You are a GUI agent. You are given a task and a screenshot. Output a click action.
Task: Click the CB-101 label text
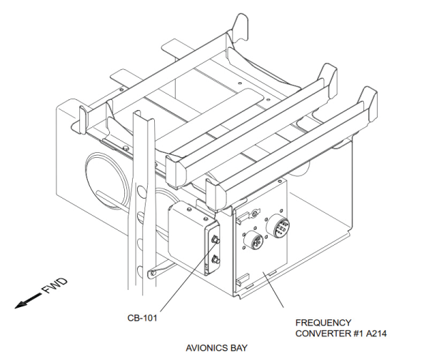pos(142,318)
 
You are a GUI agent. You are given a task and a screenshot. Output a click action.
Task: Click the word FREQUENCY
pos(323,323)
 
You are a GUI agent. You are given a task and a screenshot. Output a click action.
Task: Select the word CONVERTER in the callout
pos(323,334)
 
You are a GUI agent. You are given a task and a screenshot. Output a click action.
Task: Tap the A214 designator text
pos(376,334)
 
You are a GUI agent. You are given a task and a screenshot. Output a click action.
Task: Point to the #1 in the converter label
pos(358,334)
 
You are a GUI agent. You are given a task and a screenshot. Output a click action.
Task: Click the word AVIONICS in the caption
pos(204,348)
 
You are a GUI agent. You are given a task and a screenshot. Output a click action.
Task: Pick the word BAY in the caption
pos(238,348)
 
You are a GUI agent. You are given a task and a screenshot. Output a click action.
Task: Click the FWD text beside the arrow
pos(55,286)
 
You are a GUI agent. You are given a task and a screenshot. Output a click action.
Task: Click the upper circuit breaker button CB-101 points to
pos(215,240)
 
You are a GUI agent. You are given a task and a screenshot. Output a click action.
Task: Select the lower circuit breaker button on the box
pos(215,261)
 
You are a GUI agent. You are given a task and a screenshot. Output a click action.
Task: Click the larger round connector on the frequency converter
pos(278,226)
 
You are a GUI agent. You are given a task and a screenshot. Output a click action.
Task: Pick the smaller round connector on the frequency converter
pos(253,241)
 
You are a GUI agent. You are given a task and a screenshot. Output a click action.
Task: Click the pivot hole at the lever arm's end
pos(152,273)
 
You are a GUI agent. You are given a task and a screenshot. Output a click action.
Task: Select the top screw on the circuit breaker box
pos(189,209)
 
